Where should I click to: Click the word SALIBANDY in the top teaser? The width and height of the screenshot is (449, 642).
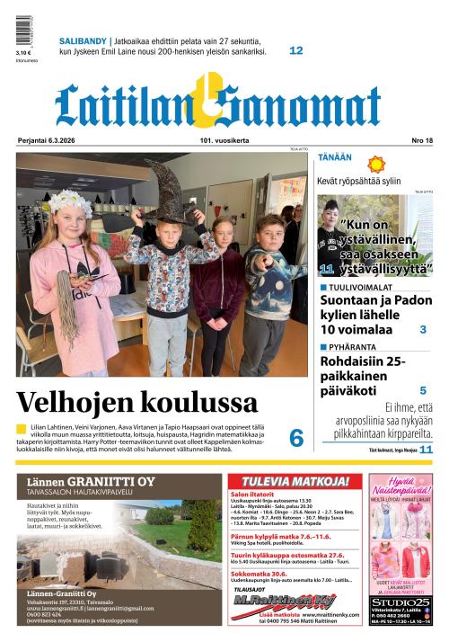83,41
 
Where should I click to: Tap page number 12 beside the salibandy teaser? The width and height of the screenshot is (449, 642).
295,51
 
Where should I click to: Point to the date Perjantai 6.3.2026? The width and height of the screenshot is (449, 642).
48,140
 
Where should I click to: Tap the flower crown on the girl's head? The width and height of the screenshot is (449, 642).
69,201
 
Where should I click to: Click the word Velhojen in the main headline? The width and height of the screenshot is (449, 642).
79,401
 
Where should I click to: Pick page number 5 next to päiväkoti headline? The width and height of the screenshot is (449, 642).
423,390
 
